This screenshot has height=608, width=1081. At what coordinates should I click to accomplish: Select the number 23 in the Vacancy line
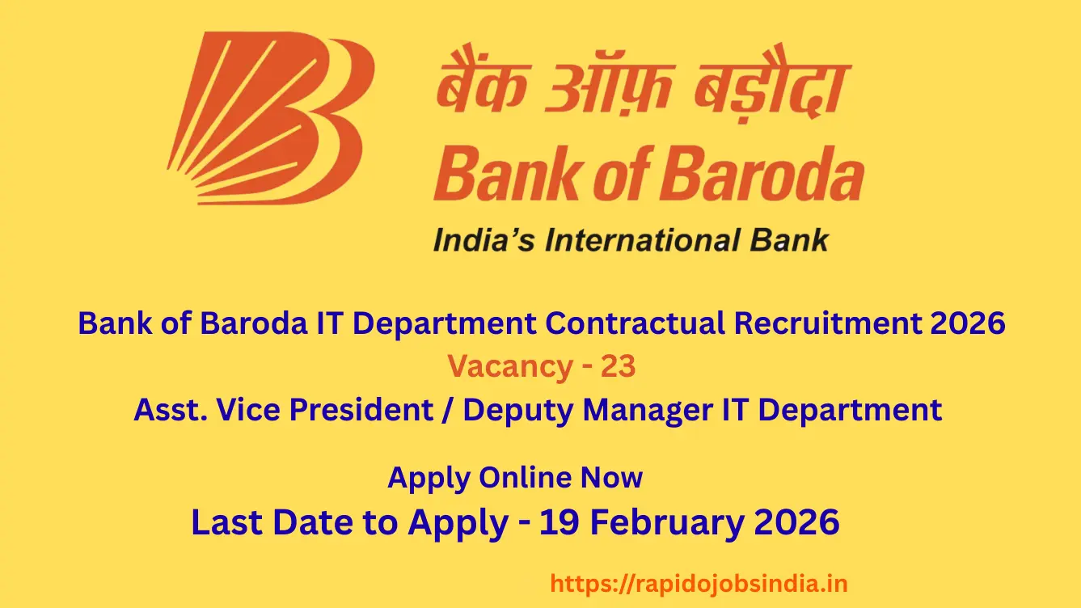point(618,366)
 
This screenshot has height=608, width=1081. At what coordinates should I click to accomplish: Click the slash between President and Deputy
point(448,410)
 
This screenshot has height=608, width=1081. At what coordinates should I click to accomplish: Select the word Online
point(526,478)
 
